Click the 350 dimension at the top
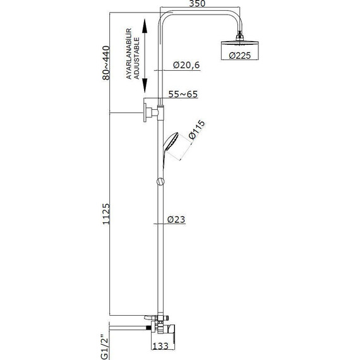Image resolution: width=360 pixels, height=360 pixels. tap(197, 4)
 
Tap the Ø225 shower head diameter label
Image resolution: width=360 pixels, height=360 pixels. tap(240, 56)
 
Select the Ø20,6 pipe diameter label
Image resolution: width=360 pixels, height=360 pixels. tap(186, 65)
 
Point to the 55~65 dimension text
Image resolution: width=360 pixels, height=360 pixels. tap(183, 94)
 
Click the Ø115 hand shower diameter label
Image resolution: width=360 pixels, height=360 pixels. tap(196, 129)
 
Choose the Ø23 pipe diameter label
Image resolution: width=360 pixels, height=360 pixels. tap(176, 220)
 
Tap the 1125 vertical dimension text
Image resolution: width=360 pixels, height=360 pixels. tap(106, 213)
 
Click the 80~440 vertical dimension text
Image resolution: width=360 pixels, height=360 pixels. tap(106, 63)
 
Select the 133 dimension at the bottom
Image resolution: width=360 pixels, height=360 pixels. tap(160, 345)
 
